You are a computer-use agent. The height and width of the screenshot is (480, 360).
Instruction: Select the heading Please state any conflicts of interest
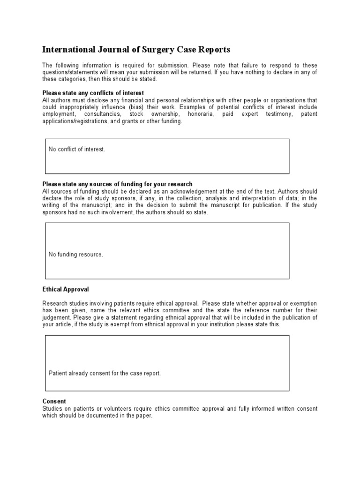click(93, 93)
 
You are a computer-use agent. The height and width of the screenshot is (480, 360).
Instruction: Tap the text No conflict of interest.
click(77, 150)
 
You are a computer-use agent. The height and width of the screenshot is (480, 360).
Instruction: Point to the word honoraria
click(202, 114)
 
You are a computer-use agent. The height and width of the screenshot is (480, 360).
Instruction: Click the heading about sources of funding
click(117, 184)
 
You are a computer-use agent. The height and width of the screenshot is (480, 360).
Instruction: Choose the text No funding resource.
click(75, 255)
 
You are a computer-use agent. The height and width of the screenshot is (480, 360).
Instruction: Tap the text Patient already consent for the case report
click(105, 374)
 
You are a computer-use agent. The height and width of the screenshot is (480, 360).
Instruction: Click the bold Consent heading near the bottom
click(54, 401)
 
